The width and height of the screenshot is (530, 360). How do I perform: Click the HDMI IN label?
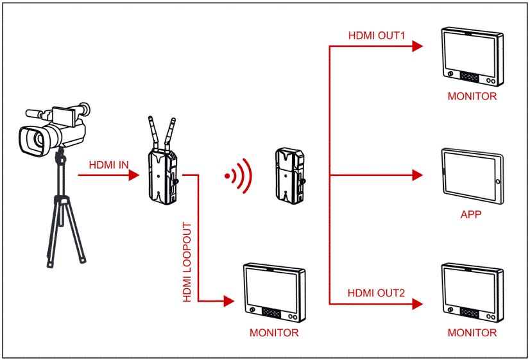(108, 165)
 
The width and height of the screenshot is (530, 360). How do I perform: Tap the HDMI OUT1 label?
(377, 35)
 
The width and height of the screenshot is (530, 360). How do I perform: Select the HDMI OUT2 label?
(377, 293)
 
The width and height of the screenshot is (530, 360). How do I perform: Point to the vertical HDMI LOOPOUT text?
(188, 262)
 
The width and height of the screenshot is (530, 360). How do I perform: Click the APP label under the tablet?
(470, 214)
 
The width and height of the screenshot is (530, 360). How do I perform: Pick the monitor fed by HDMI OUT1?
(471, 56)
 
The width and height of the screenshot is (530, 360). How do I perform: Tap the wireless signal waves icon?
(238, 175)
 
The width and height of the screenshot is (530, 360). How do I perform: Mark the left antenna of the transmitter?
(153, 132)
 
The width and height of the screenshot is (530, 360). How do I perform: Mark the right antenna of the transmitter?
(171, 132)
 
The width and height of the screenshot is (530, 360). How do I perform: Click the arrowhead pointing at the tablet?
(418, 175)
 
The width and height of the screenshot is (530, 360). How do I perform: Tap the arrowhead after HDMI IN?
(136, 175)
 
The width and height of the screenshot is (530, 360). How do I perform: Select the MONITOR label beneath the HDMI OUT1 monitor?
(472, 97)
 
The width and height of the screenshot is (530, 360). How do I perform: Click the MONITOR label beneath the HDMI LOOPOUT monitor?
(274, 333)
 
